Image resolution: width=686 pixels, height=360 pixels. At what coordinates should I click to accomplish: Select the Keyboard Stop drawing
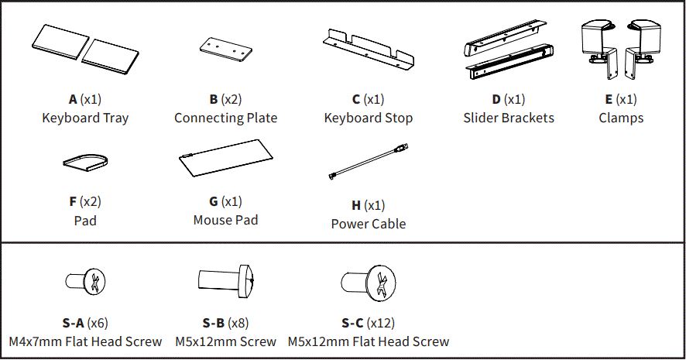tap(368, 48)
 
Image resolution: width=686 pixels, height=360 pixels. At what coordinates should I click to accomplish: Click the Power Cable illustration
tap(368, 163)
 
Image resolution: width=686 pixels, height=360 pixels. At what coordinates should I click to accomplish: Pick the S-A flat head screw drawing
tap(85, 283)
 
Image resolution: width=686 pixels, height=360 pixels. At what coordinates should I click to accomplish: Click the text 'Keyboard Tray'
tap(85, 118)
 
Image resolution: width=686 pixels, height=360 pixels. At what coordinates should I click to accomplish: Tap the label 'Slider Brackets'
tap(509, 118)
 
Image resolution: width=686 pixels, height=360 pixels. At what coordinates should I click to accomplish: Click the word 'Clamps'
tap(621, 118)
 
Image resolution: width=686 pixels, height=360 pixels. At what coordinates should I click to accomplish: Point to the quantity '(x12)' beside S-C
tap(381, 323)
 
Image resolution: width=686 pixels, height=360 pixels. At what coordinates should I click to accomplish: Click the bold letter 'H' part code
tap(356, 206)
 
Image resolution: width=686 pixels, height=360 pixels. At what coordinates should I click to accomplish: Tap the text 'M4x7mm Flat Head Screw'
tap(85, 341)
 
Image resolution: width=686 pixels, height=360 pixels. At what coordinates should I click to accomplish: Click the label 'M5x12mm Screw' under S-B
tap(225, 341)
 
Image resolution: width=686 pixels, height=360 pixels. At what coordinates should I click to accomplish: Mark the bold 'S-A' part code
tap(73, 323)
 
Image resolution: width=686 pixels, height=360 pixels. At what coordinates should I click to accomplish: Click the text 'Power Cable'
tap(369, 225)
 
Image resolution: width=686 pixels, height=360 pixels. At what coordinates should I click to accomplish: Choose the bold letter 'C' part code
tap(356, 100)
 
